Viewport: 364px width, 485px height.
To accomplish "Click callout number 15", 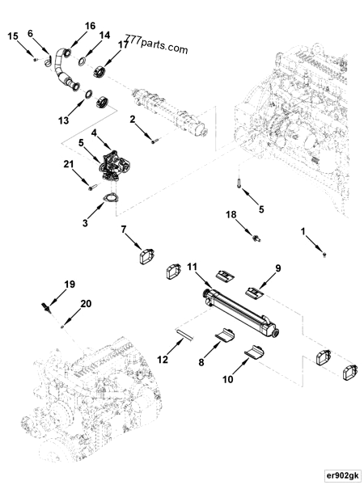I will click(14, 37).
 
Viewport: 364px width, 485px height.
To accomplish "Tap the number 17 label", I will click(123, 45).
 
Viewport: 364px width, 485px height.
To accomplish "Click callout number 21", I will click(68, 165).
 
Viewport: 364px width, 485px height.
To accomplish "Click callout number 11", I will click(193, 265).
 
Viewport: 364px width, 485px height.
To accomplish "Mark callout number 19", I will click(70, 284).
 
